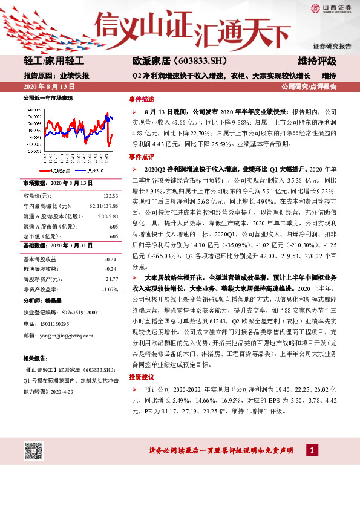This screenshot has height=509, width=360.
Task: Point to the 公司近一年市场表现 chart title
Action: [48, 98]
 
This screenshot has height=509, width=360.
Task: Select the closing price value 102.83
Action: [111, 196]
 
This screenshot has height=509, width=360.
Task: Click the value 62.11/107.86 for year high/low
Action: [103, 206]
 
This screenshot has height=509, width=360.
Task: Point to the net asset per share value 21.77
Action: [111, 279]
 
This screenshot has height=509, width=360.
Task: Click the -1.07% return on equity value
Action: [110, 289]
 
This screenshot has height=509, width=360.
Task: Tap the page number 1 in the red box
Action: [311, 451]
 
